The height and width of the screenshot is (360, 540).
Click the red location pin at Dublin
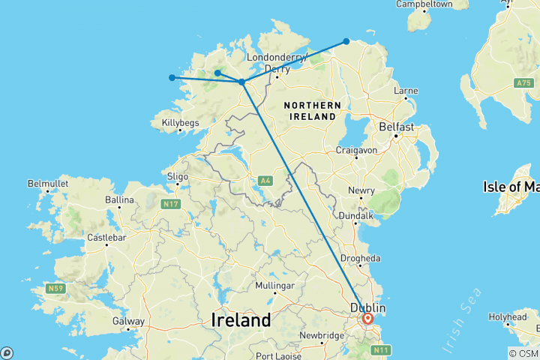coord(367,318)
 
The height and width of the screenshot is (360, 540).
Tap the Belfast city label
coord(397,127)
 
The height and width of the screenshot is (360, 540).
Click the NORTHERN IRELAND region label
coord(313,112)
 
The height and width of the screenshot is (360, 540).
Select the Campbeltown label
coord(424,4)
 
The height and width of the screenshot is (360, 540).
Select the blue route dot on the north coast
coord(346,41)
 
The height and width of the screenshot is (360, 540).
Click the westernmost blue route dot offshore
coord(172,77)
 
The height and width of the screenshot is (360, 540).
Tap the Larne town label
coord(405,90)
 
